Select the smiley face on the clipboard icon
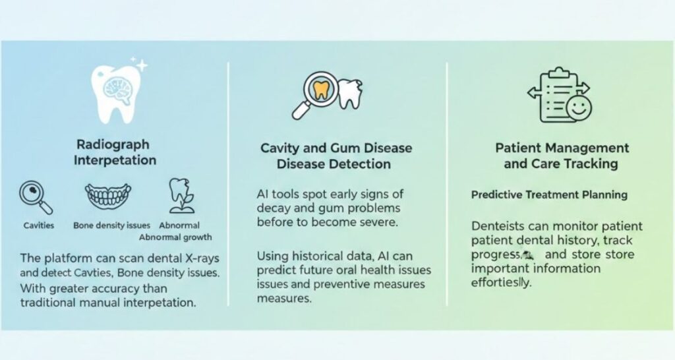(579, 107)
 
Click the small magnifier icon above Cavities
(36, 198)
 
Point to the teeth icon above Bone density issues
(107, 196)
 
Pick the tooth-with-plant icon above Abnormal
(181, 196)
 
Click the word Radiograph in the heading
(113, 144)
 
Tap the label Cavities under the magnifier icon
(39, 225)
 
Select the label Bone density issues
(111, 225)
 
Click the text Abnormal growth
(175, 237)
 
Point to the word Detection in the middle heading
(364, 164)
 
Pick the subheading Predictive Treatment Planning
(549, 195)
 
